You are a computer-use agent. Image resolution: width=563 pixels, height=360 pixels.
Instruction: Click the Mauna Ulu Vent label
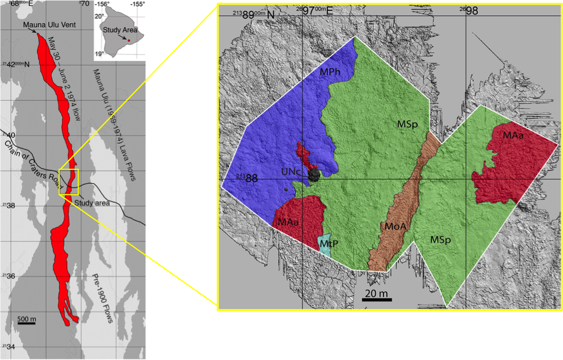click(47, 24)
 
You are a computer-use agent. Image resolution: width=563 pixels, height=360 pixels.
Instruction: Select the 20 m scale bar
click(376, 299)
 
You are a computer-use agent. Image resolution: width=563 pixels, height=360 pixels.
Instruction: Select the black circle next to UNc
click(314, 175)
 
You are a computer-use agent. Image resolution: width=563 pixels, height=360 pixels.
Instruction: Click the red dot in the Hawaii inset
click(129, 40)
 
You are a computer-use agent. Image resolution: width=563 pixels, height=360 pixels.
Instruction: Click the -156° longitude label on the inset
click(104, 4)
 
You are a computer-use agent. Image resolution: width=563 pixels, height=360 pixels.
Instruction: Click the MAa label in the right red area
click(513, 136)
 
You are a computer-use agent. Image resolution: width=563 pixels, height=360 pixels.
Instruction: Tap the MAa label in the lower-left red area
click(288, 221)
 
